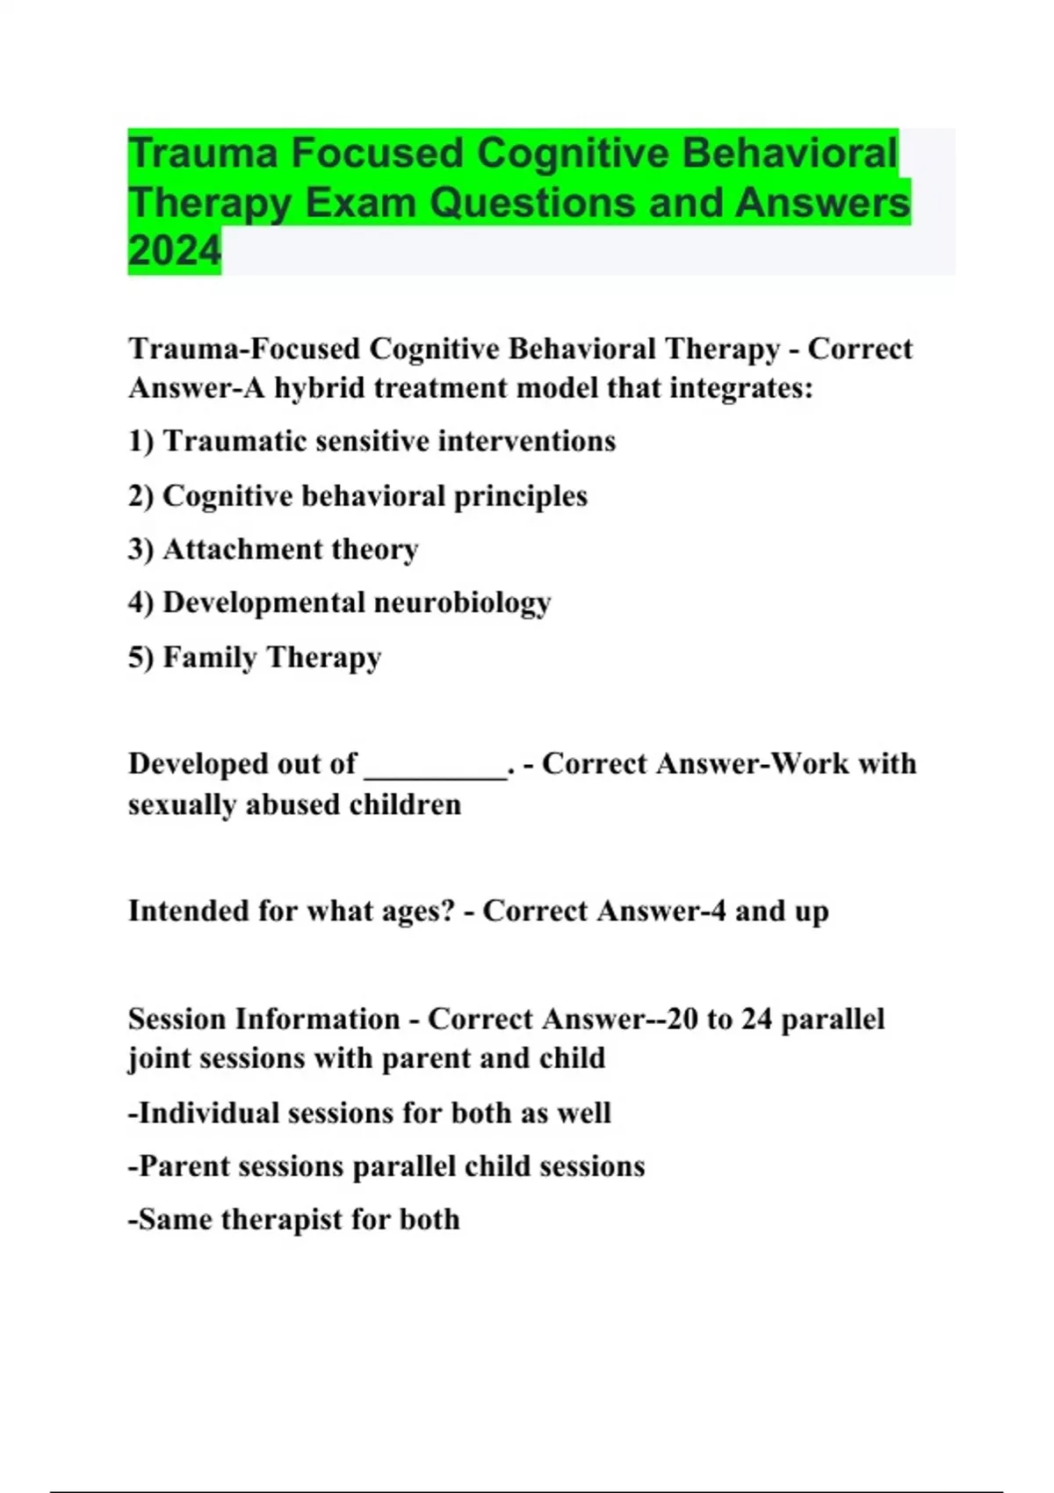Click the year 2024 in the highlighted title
point(174,251)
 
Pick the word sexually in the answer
point(182,804)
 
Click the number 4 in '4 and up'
point(718,912)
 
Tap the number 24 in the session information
point(756,1019)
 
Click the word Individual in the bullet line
point(208,1113)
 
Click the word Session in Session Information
point(176,1019)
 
